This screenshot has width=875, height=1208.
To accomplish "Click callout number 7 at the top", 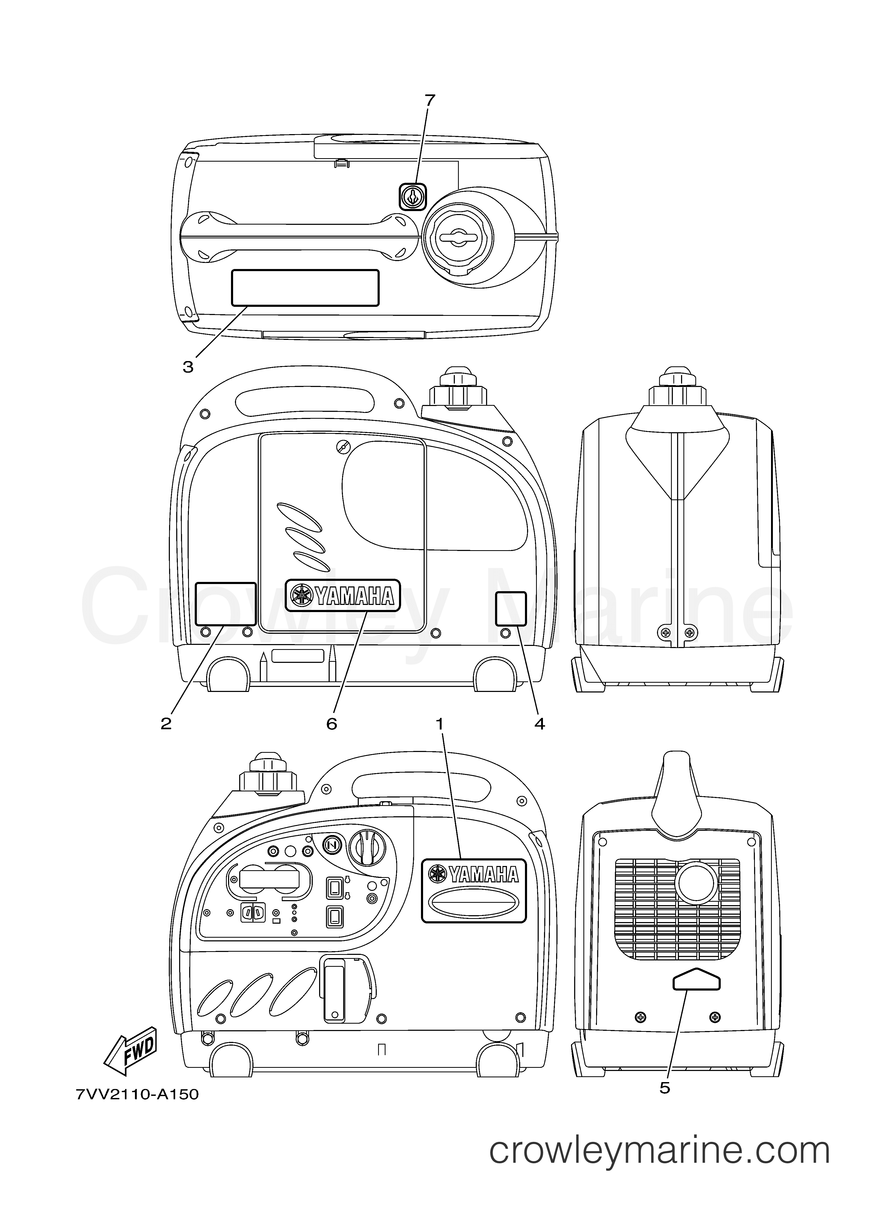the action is point(429,100).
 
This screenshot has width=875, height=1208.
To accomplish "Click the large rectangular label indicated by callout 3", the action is point(305,288).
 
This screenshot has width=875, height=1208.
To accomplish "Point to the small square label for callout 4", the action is point(511,608).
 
